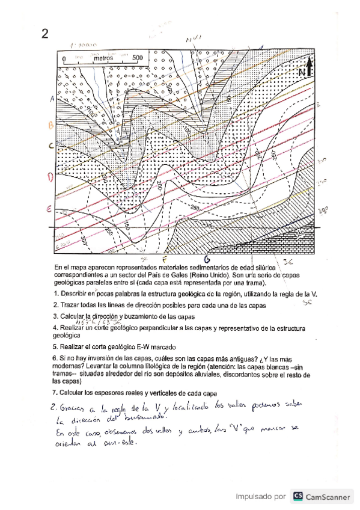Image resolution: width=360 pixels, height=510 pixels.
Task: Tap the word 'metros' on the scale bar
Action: [105, 59]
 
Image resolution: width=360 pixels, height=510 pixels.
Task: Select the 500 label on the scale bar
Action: [137, 59]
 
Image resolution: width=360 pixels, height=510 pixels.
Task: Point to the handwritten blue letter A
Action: [53, 98]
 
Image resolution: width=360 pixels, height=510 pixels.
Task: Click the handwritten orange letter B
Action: [51, 124]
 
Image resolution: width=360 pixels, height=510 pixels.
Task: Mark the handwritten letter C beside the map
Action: [52, 145]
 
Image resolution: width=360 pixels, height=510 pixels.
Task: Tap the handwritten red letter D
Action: [51, 177]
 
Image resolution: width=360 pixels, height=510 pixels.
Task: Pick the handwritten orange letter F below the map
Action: [164, 259]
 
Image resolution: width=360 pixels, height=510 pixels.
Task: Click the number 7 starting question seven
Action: [55, 392]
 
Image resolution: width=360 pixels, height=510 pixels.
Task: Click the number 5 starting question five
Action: [55, 347]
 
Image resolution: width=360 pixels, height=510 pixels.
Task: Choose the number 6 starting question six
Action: [55, 358]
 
